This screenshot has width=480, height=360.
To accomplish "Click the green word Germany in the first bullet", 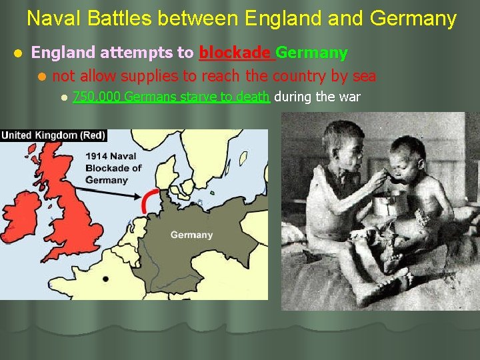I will coord(311,53).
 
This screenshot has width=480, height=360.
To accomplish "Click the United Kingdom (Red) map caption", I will coord(53,135).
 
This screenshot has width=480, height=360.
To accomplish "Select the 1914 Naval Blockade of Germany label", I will coord(113,167).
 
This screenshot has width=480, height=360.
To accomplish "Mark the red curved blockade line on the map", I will coord(149,200).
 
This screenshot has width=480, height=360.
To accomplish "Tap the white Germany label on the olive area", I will coord(191,235).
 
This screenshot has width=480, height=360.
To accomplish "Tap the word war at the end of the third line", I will coord(350,97).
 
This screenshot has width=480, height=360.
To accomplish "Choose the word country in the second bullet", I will coord(300,76).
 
